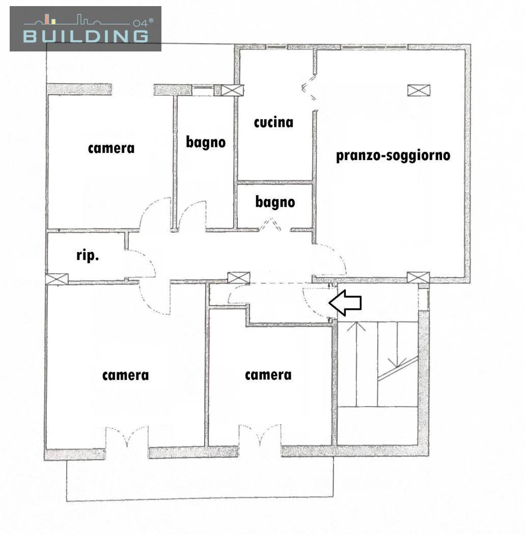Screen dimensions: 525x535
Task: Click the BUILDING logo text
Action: click(86, 36)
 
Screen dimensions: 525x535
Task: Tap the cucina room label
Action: click(273, 122)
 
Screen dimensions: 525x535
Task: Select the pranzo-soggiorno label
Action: click(393, 156)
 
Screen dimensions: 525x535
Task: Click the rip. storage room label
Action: click(88, 255)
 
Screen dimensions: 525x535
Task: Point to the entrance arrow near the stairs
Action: click(345, 303)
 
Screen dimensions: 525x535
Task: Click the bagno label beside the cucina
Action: click(206, 142)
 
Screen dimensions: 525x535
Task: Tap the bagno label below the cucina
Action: click(275, 202)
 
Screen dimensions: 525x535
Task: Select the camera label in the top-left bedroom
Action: click(111, 148)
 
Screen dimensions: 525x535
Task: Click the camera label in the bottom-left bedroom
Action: click(125, 376)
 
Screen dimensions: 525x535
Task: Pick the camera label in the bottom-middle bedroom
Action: click(268, 376)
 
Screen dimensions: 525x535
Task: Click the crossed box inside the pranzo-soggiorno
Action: click(419, 90)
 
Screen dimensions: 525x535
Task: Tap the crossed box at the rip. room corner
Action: click(57, 279)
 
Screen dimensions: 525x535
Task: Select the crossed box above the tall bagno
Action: click(233, 90)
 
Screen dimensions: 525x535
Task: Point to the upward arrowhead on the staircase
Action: click(356, 327)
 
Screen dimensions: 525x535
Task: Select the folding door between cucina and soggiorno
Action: click(310, 89)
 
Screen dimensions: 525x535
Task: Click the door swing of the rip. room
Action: click(141, 263)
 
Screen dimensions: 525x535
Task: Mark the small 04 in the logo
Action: click(140, 23)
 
